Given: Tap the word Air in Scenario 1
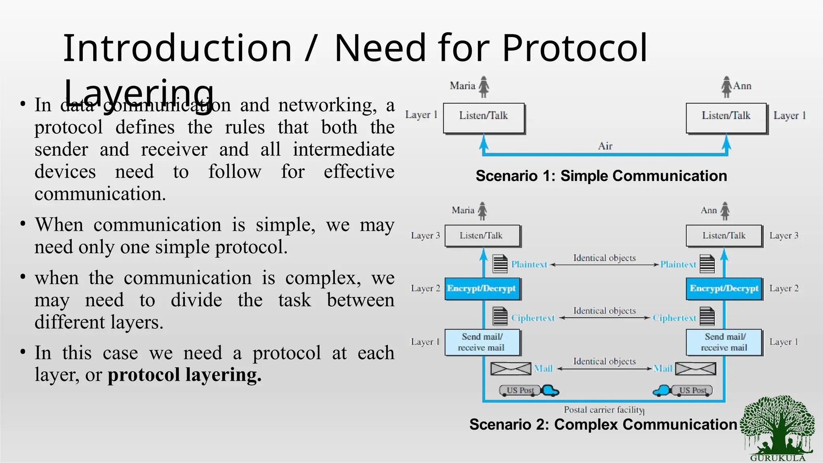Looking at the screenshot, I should (605, 146).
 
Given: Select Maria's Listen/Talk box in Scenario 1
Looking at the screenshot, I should (484, 118).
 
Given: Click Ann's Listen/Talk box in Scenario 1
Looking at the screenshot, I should (726, 118).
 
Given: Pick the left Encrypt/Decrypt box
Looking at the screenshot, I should (482, 289).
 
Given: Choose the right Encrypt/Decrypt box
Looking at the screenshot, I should (724, 289).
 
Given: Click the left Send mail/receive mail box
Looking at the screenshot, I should (482, 342).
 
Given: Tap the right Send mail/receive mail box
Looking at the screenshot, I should (724, 342).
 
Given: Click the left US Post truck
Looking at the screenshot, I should (529, 390).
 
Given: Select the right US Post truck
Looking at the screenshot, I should (683, 390).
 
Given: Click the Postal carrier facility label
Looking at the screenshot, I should (604, 410).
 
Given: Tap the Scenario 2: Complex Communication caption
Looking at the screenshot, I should (603, 424).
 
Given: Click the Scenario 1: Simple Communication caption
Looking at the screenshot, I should (601, 176).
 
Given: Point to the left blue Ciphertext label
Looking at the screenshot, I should (533, 318).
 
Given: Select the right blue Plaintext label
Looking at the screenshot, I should (678, 264).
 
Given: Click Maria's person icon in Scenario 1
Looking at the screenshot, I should (484, 87).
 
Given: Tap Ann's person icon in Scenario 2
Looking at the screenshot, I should (725, 211).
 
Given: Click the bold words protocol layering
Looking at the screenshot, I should (184, 375).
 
